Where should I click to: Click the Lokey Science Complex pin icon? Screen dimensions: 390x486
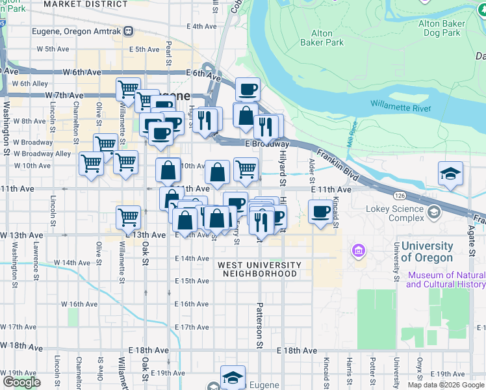point(433,211)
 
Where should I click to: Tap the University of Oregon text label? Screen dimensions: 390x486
point(427,252)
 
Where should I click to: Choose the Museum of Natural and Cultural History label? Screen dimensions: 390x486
point(446,279)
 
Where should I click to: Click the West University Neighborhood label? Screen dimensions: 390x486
point(259,269)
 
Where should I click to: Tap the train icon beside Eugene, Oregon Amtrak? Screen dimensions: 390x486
point(129,31)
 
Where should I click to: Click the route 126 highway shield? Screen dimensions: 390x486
point(399,194)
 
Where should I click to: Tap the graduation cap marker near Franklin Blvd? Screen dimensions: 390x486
point(450,174)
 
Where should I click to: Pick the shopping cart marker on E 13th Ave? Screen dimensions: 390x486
point(129,217)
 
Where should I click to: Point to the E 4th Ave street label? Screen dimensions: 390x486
point(201,27)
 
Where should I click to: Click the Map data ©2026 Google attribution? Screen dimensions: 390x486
point(446,384)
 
